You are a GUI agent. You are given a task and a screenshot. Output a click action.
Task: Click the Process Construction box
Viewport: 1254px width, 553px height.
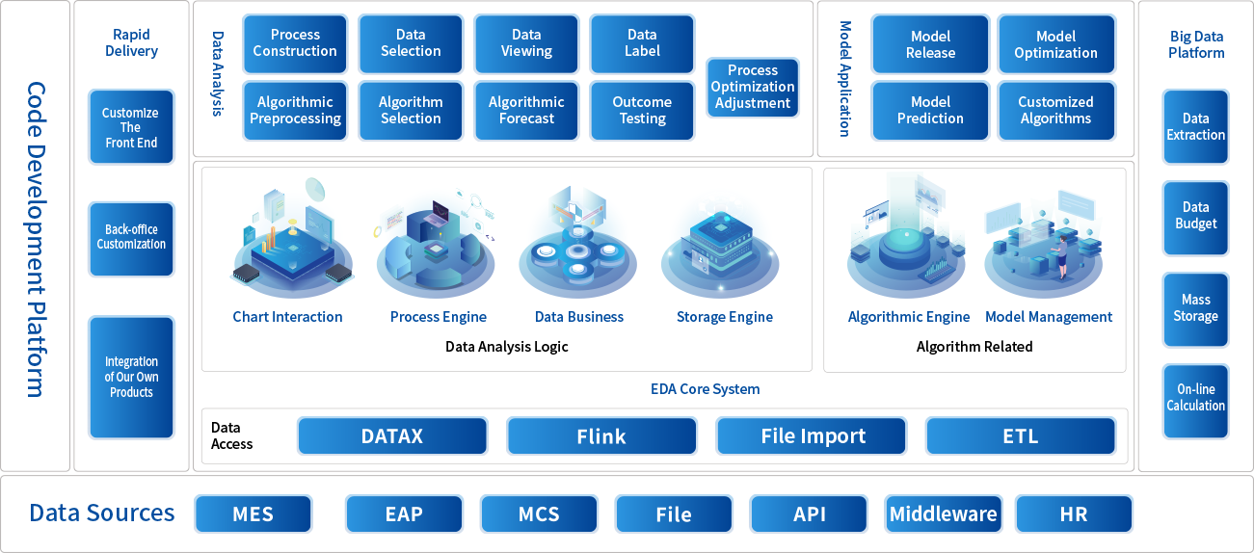[x=295, y=43]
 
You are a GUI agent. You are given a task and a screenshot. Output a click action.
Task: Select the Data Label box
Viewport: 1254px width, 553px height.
[x=642, y=43]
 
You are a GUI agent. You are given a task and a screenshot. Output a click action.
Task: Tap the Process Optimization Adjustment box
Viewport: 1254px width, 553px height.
[x=753, y=87]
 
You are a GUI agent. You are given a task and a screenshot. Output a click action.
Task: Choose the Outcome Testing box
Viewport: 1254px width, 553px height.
[x=642, y=111]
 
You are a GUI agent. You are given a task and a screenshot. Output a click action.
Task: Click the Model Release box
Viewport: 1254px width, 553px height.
[x=930, y=44]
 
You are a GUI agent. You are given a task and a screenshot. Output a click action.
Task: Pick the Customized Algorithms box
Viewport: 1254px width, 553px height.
[x=1055, y=111]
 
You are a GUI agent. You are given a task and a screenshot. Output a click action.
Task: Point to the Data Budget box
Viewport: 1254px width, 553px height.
[x=1195, y=216]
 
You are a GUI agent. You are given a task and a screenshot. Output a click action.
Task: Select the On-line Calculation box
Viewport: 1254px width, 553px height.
[x=1195, y=398]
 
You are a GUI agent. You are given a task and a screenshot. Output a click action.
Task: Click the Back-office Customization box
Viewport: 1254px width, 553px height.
[x=131, y=238]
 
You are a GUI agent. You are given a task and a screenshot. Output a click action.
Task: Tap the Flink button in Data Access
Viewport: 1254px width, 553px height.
[x=601, y=436]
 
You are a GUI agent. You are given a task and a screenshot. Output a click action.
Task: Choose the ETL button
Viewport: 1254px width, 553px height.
[x=1020, y=436]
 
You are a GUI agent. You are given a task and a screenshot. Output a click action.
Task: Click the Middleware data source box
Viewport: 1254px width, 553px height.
[x=943, y=513]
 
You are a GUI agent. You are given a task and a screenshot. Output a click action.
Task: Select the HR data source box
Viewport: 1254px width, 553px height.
[x=1074, y=513]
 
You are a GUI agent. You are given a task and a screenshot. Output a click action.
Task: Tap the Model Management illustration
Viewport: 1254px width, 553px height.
[x=1049, y=246]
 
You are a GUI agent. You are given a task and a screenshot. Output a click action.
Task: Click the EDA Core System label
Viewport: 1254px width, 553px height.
[x=705, y=389]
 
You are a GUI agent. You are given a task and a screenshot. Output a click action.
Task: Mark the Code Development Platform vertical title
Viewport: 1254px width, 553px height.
[x=36, y=238]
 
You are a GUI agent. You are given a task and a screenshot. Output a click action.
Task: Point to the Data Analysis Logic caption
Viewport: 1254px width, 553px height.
[x=507, y=347]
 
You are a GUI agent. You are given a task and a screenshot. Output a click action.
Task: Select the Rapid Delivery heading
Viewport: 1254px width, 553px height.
[x=131, y=42]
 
